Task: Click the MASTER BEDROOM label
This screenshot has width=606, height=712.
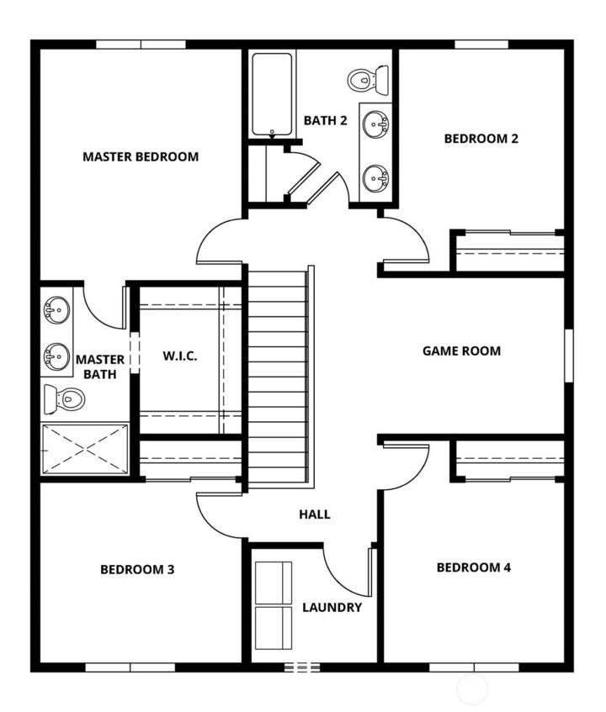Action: [141, 156]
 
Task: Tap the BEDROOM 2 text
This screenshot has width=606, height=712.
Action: [481, 139]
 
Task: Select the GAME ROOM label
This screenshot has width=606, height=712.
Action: [461, 351]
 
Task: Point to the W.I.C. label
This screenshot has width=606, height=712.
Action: [180, 356]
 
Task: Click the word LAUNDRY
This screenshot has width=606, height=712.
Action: [332, 607]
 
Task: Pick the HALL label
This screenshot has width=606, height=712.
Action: [315, 514]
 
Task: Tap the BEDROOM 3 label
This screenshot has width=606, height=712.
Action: [137, 569]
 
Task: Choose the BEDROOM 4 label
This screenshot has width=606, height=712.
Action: [474, 567]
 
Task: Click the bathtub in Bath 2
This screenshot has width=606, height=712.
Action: [272, 93]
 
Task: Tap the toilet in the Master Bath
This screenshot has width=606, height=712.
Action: [63, 397]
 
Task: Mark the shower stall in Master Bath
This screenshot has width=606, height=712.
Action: [85, 449]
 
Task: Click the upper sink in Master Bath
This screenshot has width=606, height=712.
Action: [56, 310]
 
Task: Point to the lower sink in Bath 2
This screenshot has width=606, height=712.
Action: [375, 178]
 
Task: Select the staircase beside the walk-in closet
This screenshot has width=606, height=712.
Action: [278, 378]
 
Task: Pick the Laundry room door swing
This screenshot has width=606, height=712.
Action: [345, 572]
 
